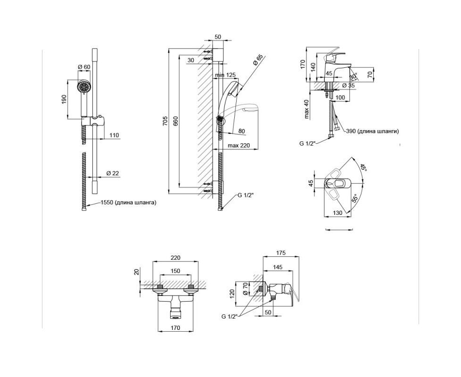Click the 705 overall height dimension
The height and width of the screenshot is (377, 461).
165,121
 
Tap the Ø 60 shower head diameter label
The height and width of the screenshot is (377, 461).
84,67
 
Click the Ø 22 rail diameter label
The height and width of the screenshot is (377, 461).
113,173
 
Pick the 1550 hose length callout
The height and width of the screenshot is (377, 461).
128,203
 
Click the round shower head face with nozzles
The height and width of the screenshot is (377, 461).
83,87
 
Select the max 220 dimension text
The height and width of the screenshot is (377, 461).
239,146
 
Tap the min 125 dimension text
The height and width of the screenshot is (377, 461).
225,75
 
